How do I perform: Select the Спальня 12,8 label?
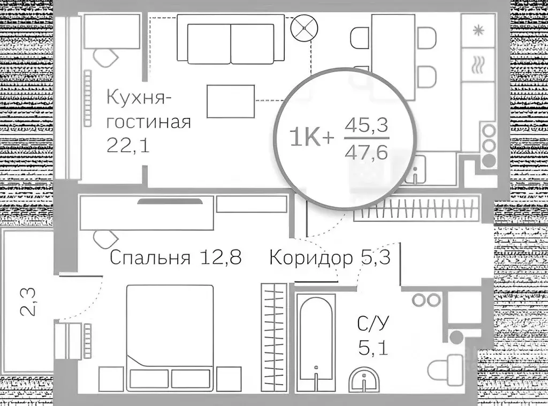pos(176,258)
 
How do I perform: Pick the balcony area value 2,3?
pos(31,302)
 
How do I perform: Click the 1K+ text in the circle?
pos(312,137)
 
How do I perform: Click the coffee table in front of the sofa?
pos(230,101)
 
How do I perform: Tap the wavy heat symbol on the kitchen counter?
pos(477,65)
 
